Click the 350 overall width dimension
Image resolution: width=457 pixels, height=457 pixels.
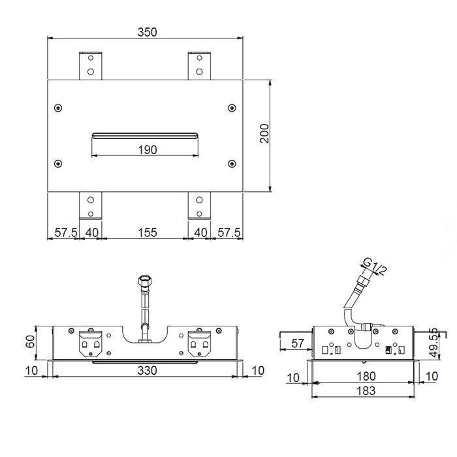tap(147, 32)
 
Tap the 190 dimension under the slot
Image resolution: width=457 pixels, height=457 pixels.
tap(147, 150)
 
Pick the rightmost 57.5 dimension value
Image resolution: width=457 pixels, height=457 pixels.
tap(229, 233)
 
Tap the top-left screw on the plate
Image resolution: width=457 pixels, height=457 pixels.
tap(59, 108)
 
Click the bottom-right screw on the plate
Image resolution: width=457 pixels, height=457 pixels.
tap(232, 163)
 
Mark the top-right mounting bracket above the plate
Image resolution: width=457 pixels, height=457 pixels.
tap(199, 65)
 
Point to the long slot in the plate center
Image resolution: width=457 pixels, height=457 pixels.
tap(145, 135)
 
